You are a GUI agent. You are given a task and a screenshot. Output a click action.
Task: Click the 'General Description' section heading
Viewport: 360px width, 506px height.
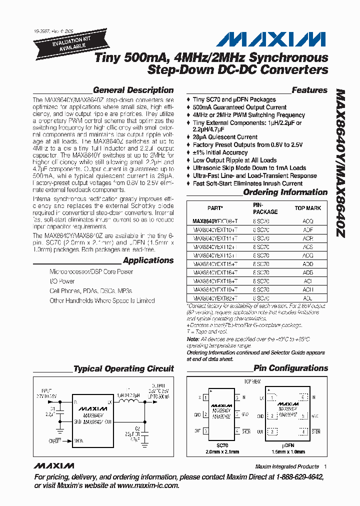[x=133, y=90]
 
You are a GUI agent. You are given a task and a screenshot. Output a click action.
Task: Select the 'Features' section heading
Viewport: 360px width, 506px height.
[x=309, y=90]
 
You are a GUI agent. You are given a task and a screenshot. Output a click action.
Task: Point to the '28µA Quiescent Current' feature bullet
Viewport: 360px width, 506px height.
[x=225, y=137]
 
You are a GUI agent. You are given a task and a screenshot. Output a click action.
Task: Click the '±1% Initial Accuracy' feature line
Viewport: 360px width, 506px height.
[x=220, y=152]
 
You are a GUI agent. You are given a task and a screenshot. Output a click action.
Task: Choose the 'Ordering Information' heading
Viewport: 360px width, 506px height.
[x=285, y=192]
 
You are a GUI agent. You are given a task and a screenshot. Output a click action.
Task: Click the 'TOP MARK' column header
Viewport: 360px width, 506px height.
[x=307, y=208]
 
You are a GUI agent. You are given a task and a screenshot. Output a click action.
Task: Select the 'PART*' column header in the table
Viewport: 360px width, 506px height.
[x=215, y=208]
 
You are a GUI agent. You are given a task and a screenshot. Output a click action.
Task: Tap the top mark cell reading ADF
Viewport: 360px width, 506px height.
[x=307, y=229]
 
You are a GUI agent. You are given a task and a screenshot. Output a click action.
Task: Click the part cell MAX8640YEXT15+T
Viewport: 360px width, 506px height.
[x=215, y=263]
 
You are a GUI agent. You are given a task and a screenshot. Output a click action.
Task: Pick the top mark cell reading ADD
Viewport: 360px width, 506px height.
[x=307, y=263]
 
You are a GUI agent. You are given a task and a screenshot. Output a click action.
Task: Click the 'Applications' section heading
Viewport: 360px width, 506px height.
[x=148, y=260]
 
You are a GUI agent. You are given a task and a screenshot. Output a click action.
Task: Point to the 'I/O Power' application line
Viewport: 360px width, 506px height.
[x=62, y=281]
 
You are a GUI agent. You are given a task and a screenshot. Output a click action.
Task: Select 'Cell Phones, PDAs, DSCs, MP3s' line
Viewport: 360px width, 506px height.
[x=91, y=291]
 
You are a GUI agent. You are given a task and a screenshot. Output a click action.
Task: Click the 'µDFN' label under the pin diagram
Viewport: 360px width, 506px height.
[x=286, y=445]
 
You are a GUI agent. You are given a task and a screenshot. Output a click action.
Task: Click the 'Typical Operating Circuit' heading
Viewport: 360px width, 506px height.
[x=123, y=369]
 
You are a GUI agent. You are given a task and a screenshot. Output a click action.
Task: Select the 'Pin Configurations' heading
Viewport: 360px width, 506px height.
[x=290, y=368]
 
